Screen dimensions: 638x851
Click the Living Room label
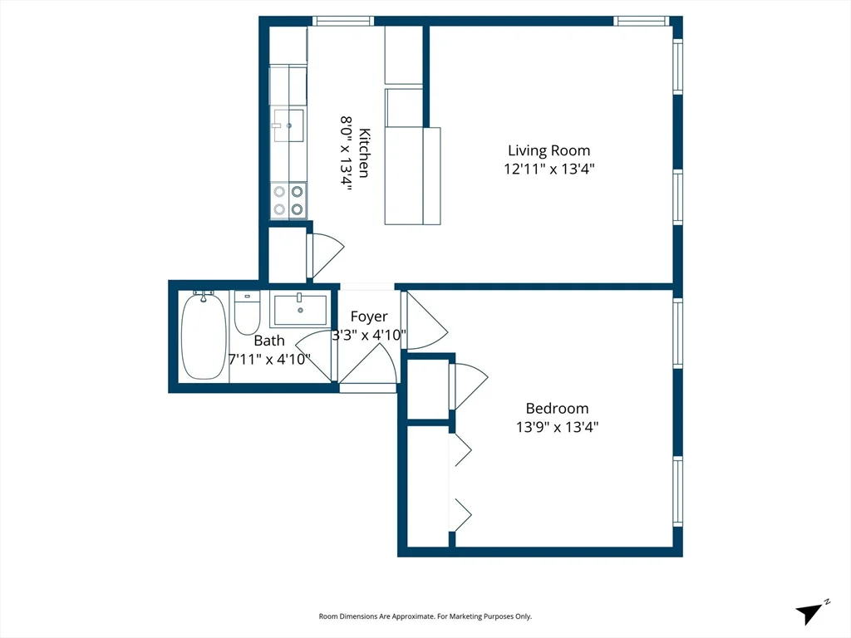tap(549, 150)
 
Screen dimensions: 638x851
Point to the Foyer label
tap(369, 317)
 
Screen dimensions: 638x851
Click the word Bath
tap(269, 341)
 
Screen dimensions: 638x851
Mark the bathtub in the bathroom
tap(204, 336)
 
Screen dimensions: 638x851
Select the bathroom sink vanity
tap(299, 310)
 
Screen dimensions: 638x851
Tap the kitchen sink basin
tap(288, 125)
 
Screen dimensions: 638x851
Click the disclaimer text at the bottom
tap(425, 616)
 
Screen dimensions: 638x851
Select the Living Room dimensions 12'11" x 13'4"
tap(549, 169)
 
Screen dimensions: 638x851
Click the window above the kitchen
tap(342, 21)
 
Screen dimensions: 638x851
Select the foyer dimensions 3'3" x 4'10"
tap(369, 336)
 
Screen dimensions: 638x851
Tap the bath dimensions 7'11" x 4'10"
tap(269, 360)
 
